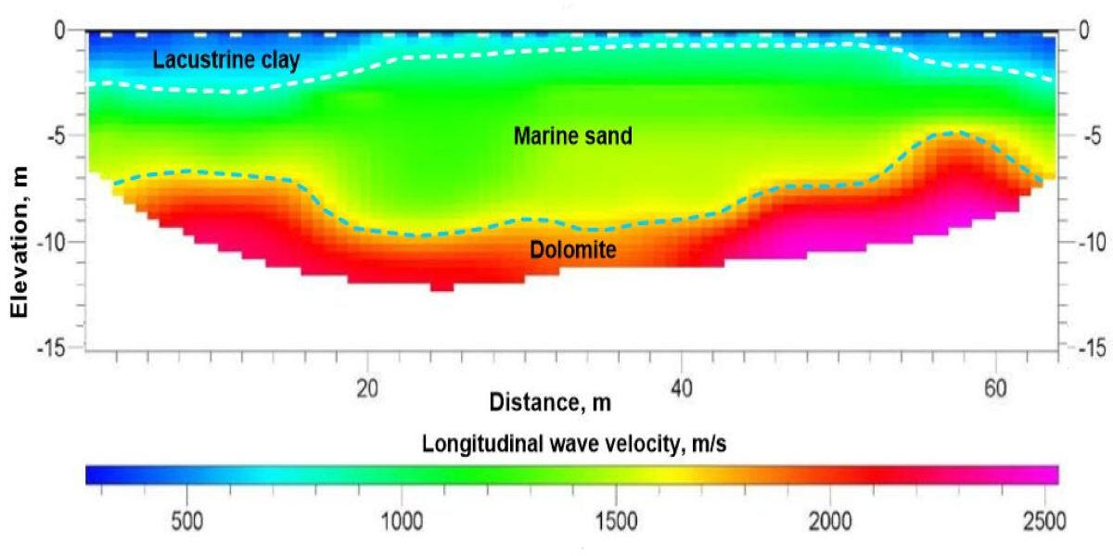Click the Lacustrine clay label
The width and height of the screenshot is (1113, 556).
(226, 61)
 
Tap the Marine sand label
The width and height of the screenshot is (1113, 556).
(572, 137)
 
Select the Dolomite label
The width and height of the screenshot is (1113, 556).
(573, 249)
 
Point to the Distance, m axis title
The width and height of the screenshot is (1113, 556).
(550, 402)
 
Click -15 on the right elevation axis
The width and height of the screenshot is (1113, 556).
(1093, 347)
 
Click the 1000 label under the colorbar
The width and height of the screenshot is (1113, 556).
(401, 519)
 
